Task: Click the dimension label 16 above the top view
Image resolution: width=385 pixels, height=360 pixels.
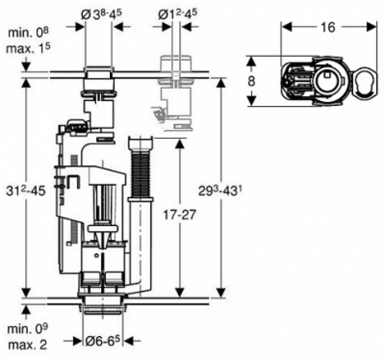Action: click(x=328, y=27)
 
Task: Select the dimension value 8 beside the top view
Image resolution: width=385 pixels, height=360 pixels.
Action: click(x=251, y=81)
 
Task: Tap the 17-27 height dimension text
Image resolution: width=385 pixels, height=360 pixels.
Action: click(x=180, y=215)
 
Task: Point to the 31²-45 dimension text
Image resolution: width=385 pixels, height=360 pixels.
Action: click(x=26, y=190)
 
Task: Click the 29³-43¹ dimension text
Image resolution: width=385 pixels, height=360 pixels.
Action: click(x=218, y=190)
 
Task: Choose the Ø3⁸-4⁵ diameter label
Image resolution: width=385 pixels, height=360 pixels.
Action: click(x=101, y=14)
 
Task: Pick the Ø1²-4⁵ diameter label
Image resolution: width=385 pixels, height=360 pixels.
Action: click(x=178, y=14)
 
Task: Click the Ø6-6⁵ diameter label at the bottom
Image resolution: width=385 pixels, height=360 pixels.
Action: click(x=103, y=341)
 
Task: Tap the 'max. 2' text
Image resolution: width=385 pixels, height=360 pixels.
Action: click(x=28, y=345)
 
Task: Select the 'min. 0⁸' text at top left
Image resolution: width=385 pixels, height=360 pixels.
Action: click(x=28, y=33)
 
